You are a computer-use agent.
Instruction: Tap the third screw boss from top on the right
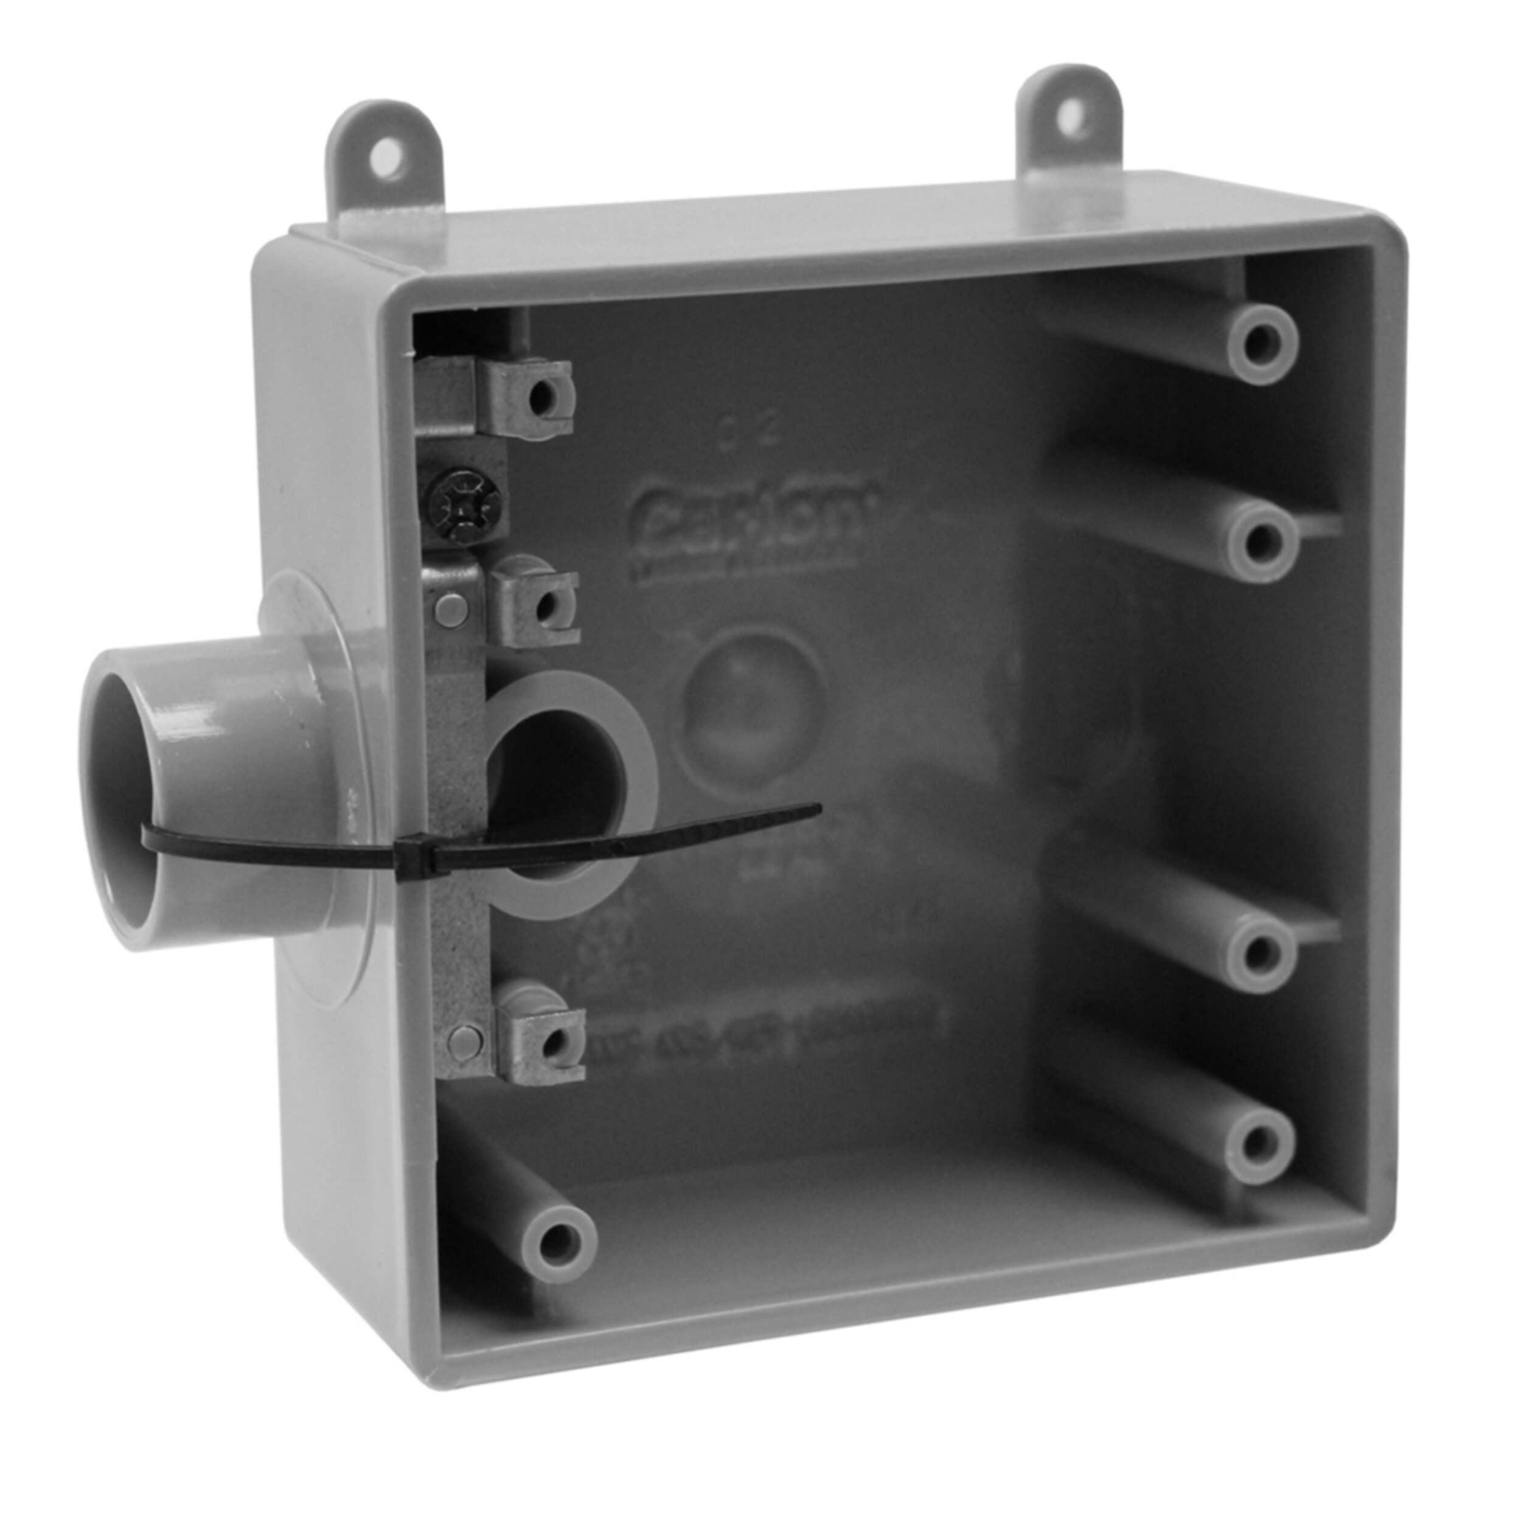(1261, 953)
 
